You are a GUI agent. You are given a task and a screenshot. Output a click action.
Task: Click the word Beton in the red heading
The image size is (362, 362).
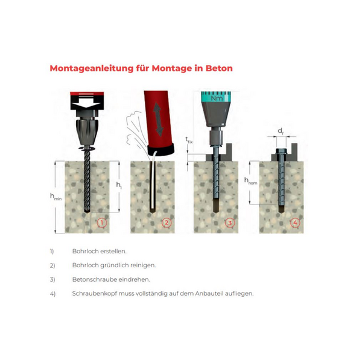pos(219,68)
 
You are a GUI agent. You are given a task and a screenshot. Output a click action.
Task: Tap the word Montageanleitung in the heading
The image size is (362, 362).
pos(92,69)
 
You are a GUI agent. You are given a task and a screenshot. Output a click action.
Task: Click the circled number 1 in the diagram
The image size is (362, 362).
pos(102,223)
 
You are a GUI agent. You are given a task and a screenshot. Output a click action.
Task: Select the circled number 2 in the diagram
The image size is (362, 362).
pos(167,223)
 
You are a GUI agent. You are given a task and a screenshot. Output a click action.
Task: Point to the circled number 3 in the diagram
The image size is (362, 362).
pos(230,223)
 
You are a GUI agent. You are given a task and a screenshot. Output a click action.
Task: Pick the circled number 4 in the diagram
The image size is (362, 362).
pos(295,223)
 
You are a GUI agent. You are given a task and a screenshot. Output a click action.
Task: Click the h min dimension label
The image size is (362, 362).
pos(56,197)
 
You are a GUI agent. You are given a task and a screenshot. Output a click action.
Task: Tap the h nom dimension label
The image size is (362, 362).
pos(251,181)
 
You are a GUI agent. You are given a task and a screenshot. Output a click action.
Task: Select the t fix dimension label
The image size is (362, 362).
pos(189,140)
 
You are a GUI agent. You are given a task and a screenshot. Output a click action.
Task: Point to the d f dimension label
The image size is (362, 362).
pos(281,132)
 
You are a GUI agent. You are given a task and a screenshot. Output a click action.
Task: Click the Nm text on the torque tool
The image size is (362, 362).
pos(217,98)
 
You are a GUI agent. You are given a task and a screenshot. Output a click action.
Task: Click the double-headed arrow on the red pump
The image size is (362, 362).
pos(158,119)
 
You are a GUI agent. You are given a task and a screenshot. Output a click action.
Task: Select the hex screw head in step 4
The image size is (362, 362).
pos(281,151)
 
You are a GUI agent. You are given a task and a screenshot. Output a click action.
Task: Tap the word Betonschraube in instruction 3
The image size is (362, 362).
pos(95,279)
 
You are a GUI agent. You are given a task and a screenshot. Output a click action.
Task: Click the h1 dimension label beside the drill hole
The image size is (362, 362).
pos(119,185)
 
